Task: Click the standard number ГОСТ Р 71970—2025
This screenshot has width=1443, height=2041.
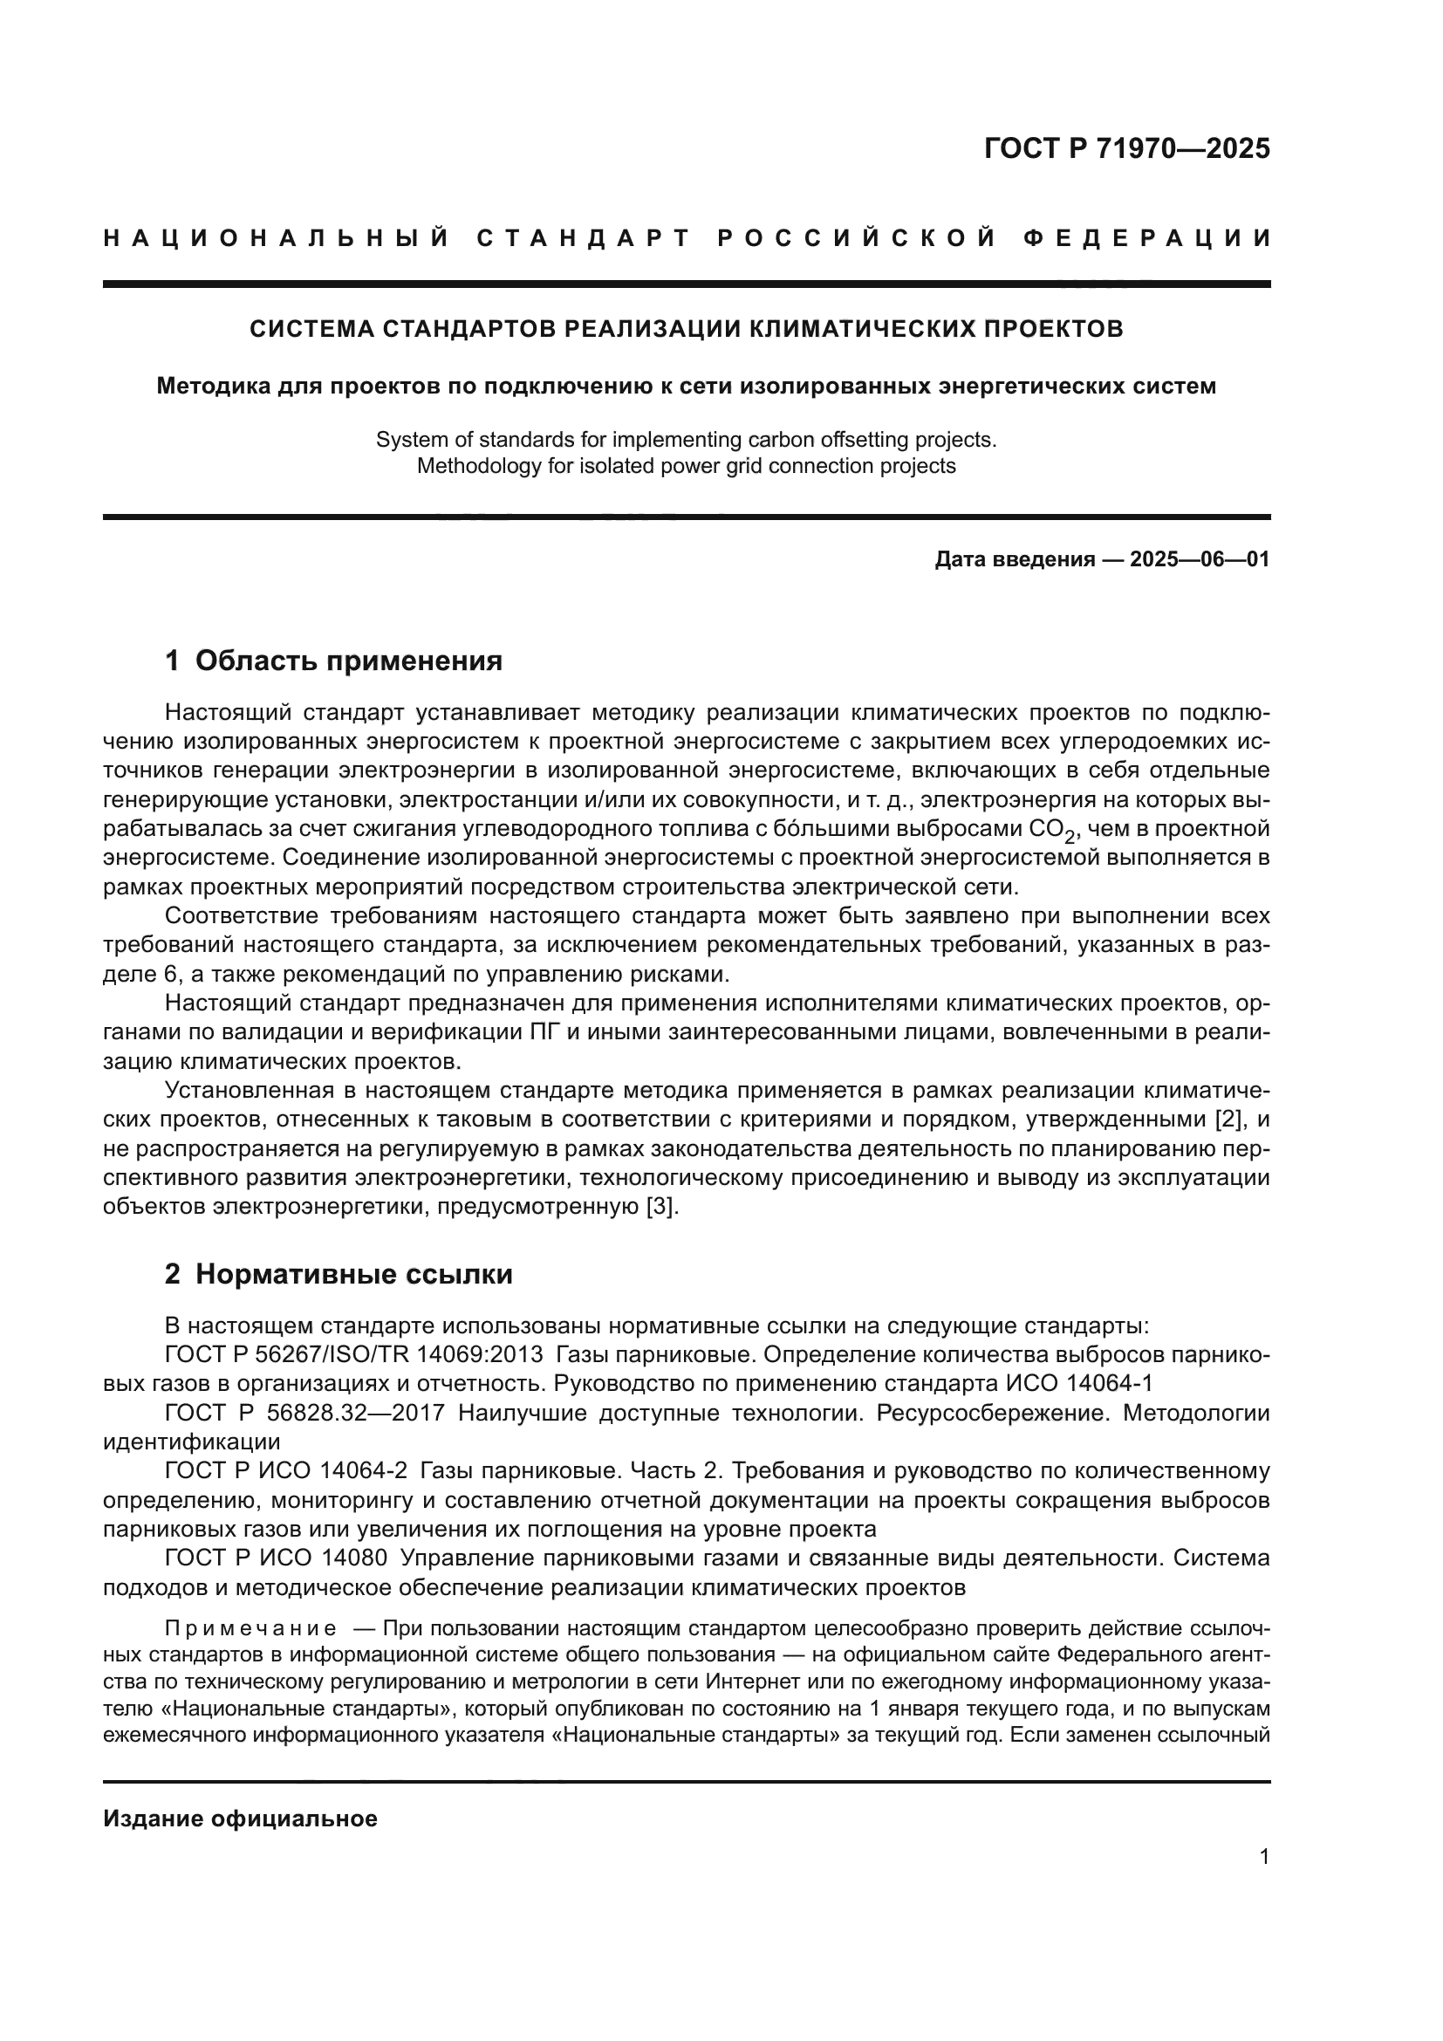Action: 1126,148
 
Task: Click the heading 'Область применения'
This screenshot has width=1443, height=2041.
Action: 348,661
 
